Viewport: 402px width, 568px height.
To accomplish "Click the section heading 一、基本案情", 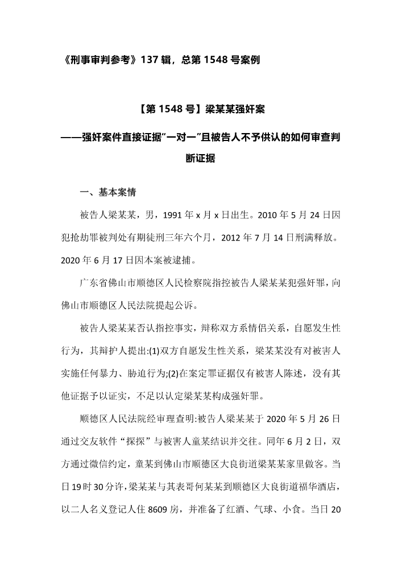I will pyautogui.click(x=107, y=192).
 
